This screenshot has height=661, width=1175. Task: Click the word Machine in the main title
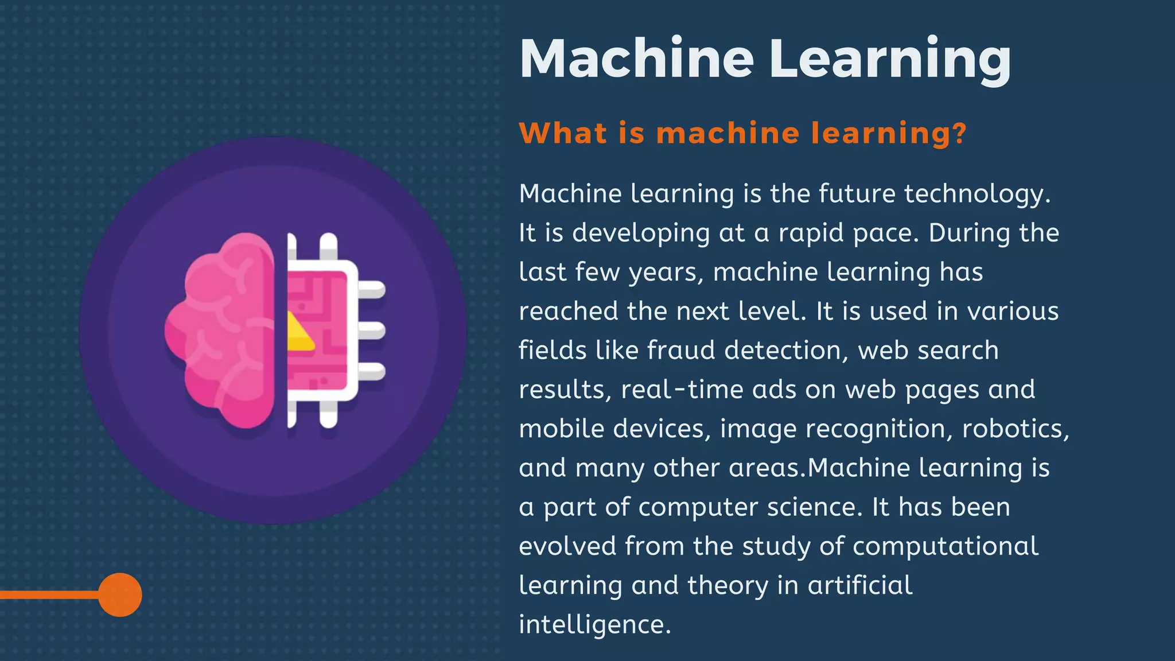pos(636,59)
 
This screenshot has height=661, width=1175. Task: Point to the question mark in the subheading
pos(959,133)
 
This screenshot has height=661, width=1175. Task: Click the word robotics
pos(1014,429)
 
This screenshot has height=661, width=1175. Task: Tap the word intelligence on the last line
pos(594,624)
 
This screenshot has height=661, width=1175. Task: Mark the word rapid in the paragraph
pos(811,233)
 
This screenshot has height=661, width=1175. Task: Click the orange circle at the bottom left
pos(120,594)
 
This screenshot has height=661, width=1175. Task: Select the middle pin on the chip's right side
pos(371,330)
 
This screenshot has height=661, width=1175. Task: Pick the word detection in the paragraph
pos(786,350)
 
